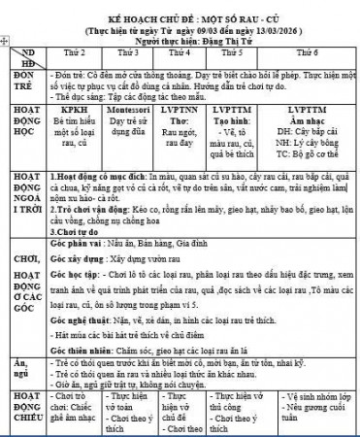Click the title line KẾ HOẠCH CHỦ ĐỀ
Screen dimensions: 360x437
pyautogui.click(x=182, y=7)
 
